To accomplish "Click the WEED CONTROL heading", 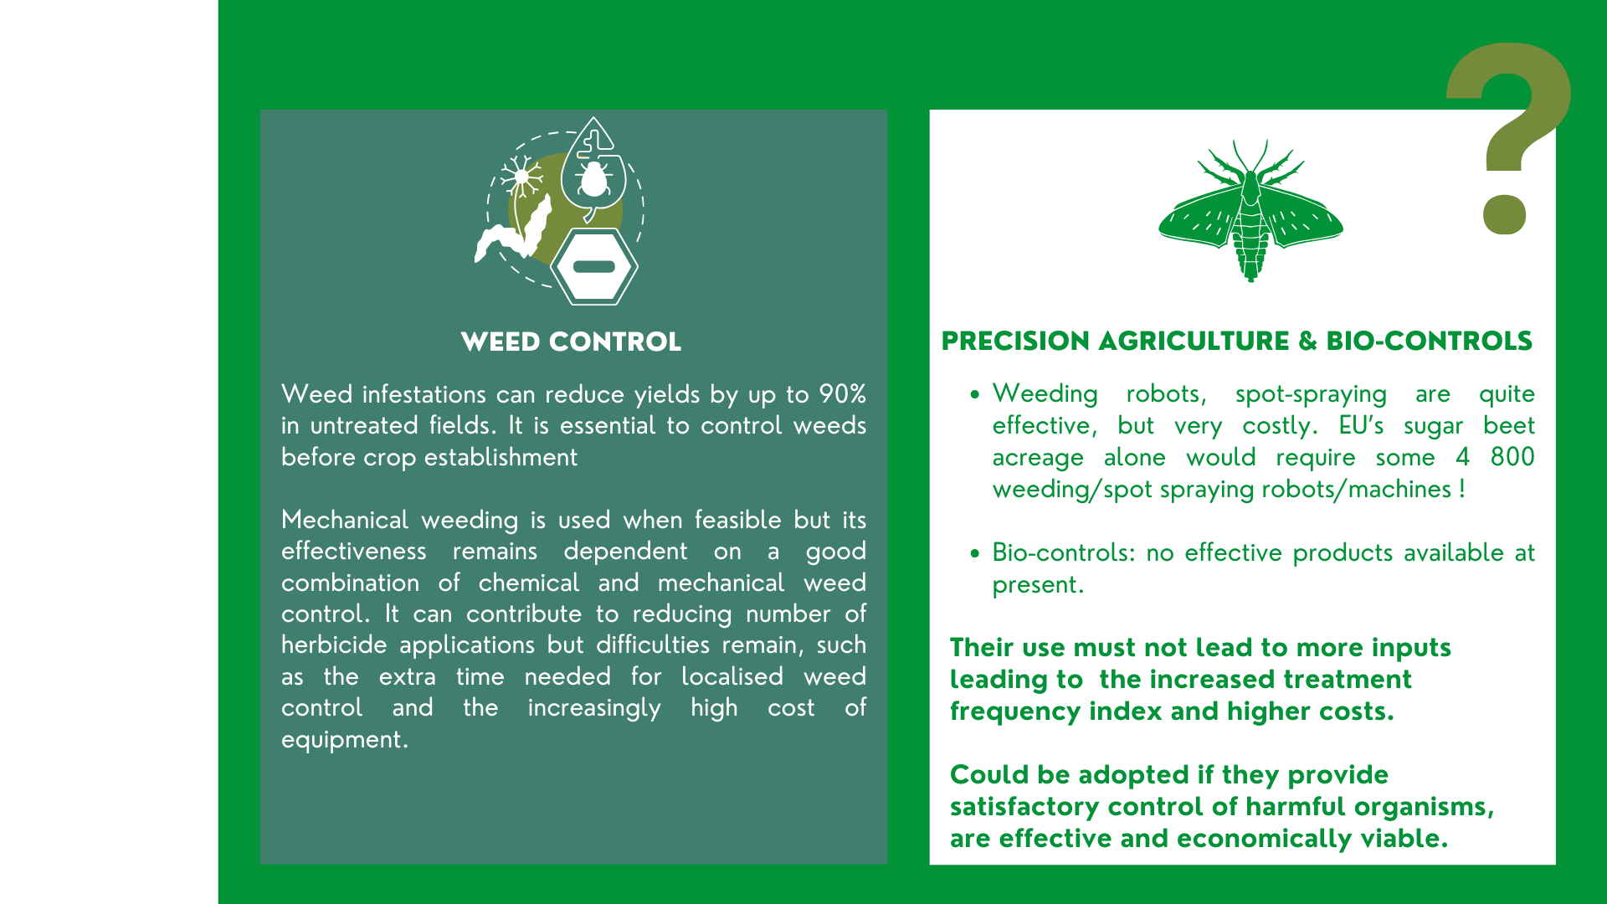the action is (x=571, y=342).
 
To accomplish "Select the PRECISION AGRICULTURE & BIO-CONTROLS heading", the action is (x=1236, y=341).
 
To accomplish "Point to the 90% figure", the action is (x=842, y=394).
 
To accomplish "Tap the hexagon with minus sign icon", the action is (x=594, y=267).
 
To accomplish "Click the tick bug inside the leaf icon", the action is (x=593, y=179).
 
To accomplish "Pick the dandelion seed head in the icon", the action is (x=521, y=177).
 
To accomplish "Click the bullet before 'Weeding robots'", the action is (x=975, y=394).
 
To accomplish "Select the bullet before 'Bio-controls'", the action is (x=975, y=553).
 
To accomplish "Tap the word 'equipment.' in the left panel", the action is (x=345, y=740).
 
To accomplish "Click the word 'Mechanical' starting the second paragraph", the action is (x=345, y=520).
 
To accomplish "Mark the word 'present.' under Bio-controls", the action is (x=1038, y=585).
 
